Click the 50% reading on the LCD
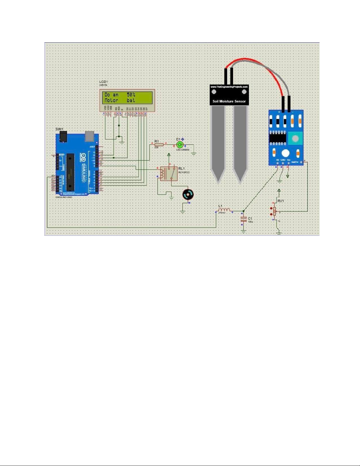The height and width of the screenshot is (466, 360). (x=131, y=95)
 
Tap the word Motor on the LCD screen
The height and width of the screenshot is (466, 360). (x=111, y=100)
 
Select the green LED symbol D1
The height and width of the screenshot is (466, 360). (x=180, y=145)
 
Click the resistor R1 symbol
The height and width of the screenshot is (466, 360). (x=159, y=145)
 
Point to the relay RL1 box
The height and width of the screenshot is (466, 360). (x=169, y=173)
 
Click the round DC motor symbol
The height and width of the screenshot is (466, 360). (x=188, y=194)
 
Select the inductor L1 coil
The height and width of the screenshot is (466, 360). (x=224, y=210)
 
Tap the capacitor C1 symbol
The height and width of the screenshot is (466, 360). (x=243, y=219)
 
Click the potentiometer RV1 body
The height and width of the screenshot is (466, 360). (x=274, y=211)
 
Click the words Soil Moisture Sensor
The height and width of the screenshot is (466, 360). (x=229, y=101)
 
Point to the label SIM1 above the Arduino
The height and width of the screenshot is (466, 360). (x=59, y=129)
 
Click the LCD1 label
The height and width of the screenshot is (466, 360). (x=104, y=81)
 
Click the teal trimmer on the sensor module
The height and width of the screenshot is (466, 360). (x=295, y=138)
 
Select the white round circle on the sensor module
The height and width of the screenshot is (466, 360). (x=285, y=153)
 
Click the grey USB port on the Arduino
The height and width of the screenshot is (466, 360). (x=89, y=136)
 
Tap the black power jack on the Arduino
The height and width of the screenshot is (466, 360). (x=63, y=136)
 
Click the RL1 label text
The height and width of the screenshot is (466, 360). (x=181, y=168)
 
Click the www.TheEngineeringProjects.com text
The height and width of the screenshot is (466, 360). (x=229, y=87)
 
